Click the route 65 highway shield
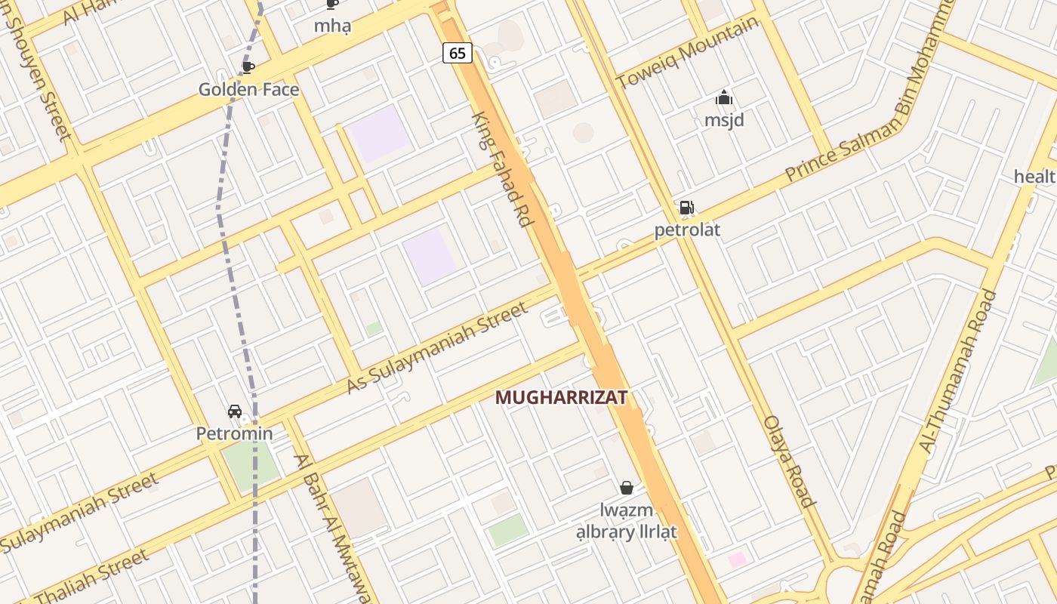(457, 53)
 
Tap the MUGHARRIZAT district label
(561, 397)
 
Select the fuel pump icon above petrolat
(686, 208)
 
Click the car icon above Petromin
(235, 411)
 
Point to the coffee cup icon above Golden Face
(248, 67)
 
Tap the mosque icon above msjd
(724, 98)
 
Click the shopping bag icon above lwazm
(626, 488)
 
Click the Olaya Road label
(790, 461)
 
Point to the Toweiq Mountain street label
(687, 52)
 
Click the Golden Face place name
(248, 90)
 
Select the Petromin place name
(234, 434)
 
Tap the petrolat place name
(687, 230)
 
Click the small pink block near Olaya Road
(737, 559)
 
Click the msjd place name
(724, 121)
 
